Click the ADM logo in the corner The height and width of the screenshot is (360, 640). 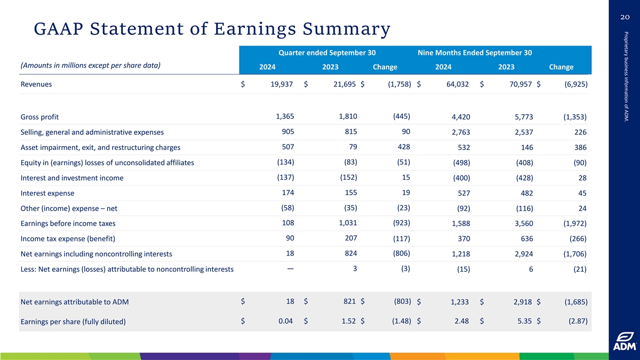pos(623,342)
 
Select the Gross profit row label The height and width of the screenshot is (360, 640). pos(39,117)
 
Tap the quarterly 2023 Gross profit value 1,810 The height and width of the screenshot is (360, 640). pos(348,116)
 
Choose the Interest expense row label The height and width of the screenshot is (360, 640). pos(47,193)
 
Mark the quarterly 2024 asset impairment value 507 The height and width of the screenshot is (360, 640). pos(287,147)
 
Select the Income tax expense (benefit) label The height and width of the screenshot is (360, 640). pos(68,238)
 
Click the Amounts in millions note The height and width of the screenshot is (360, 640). pos(90,66)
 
